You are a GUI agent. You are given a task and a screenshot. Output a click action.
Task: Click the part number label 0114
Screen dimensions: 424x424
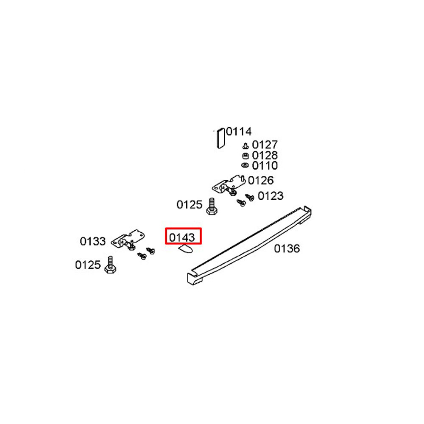239,132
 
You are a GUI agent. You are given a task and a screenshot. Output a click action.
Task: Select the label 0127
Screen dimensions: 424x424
265,145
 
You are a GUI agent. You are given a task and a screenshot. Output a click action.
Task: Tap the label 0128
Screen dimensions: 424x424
265,156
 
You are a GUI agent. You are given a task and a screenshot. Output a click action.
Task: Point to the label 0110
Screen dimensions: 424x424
265,166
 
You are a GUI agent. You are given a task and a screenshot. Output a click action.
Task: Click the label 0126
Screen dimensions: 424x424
261,181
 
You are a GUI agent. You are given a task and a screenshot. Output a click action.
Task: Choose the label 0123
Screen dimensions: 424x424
271,196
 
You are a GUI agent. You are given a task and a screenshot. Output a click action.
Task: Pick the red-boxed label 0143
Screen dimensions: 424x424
182,238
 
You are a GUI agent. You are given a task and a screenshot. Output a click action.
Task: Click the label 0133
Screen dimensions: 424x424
93,241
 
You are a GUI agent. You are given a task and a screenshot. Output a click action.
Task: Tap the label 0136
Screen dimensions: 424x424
287,248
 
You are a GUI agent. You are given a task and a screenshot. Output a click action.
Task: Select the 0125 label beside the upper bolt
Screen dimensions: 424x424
189,205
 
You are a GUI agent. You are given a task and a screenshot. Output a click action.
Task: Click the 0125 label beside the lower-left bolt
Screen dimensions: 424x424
88,265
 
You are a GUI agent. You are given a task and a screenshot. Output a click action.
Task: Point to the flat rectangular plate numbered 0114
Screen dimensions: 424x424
220,138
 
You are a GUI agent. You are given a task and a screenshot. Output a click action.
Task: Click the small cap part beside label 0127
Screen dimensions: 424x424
245,146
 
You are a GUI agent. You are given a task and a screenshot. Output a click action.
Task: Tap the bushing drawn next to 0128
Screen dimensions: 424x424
245,156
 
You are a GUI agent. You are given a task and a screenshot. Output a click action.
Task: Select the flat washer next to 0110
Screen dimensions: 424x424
245,165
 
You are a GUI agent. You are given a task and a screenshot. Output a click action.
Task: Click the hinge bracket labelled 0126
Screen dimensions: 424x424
229,184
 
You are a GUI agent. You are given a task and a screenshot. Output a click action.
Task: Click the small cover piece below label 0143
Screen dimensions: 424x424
186,248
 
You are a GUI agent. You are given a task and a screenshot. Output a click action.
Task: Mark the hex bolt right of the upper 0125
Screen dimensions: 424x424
212,206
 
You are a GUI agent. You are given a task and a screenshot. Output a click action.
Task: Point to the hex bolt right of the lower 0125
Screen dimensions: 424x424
110,265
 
